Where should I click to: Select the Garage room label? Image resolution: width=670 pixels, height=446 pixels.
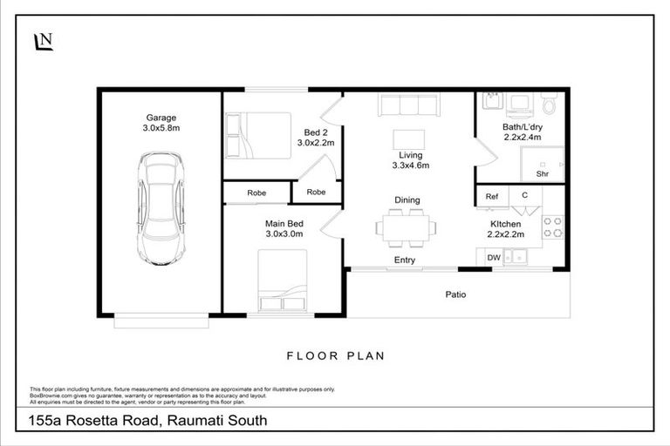[x=161, y=118]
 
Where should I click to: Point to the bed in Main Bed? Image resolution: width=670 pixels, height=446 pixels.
[x=282, y=280]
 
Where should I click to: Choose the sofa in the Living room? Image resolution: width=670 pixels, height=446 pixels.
[x=408, y=105]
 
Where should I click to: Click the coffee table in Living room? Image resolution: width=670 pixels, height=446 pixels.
[x=409, y=139]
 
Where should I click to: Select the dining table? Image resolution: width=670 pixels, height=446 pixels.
[x=406, y=227]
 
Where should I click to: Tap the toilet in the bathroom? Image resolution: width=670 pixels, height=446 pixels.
[x=548, y=104]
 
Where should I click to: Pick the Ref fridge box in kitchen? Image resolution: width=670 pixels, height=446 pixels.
[x=492, y=197]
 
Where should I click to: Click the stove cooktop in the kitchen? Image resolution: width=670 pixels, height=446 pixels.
[x=553, y=227]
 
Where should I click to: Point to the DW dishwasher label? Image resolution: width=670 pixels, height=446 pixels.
[x=493, y=257]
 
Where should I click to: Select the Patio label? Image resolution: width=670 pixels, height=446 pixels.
[x=455, y=294]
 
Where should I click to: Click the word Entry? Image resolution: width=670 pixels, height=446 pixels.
[x=405, y=260]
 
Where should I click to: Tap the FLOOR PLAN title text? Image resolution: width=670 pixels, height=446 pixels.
[x=336, y=355]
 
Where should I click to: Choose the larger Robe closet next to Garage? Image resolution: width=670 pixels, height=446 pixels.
[x=256, y=193]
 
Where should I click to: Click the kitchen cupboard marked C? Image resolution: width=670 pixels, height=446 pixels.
[x=524, y=197]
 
